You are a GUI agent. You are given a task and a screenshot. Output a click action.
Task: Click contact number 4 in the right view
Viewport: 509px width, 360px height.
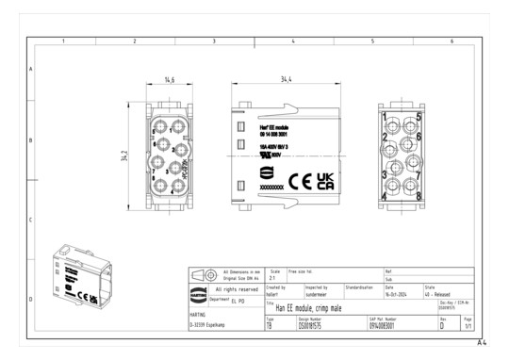point(385,195)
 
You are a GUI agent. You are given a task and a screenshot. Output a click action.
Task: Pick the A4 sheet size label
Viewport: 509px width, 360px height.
point(481,343)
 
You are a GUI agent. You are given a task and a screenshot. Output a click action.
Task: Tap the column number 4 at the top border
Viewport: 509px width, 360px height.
point(293,42)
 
